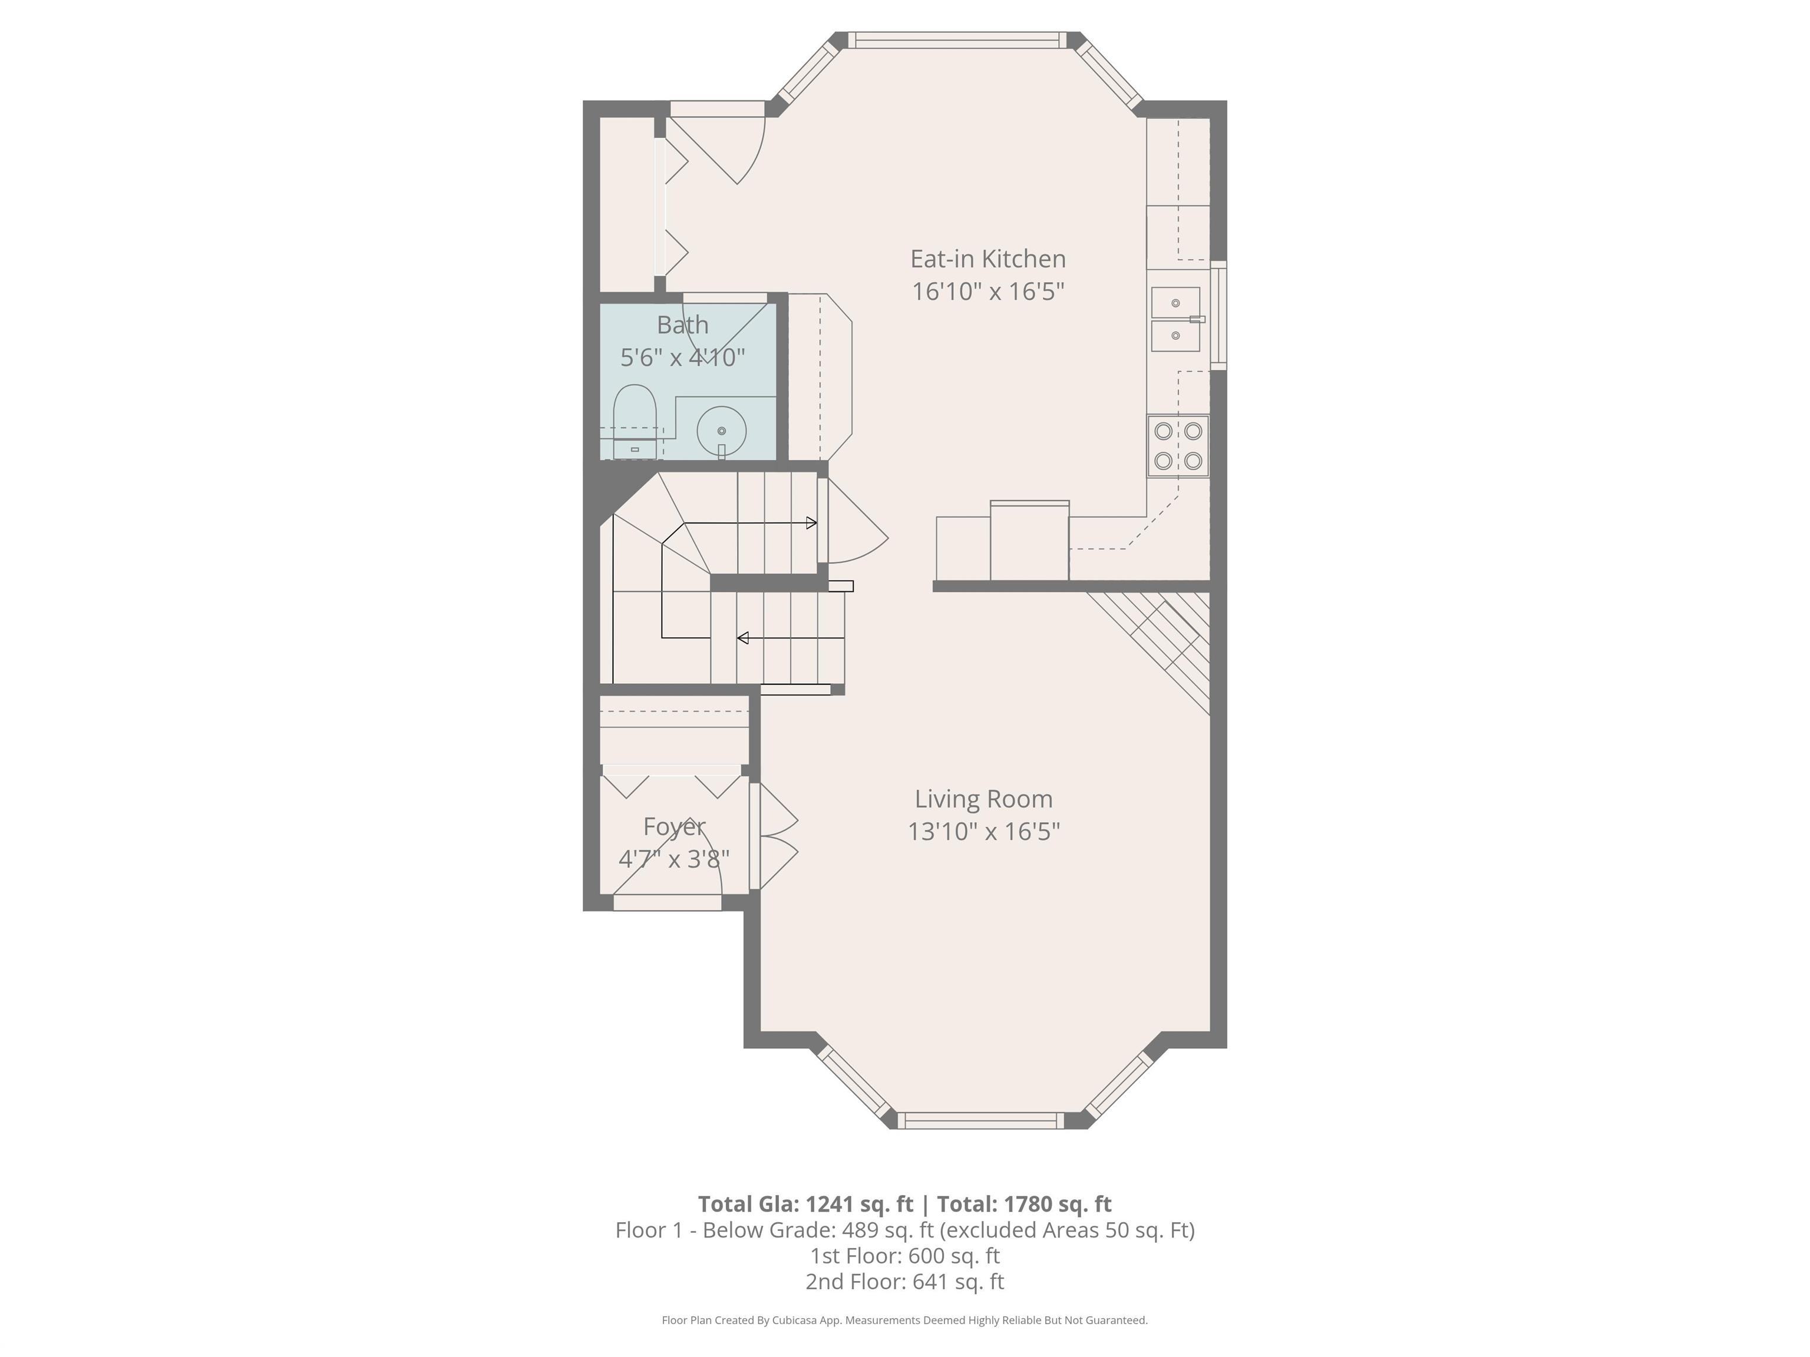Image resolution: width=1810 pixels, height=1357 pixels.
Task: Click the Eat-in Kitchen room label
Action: pos(987,259)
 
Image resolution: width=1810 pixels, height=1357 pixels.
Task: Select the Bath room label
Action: pos(682,325)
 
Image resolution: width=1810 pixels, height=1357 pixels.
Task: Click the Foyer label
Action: pos(673,827)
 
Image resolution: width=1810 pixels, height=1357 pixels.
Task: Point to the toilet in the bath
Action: pos(635,417)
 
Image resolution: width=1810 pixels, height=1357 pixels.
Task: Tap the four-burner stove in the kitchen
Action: pos(1177,446)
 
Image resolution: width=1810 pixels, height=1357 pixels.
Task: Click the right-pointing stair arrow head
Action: pos(812,522)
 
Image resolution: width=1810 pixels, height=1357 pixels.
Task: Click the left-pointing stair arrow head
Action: pos(742,638)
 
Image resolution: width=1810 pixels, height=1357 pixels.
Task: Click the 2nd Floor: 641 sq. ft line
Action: pos(904,1281)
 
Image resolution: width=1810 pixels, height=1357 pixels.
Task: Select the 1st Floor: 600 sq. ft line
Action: pos(904,1256)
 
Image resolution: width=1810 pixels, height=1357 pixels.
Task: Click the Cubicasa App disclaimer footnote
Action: pos(904,1320)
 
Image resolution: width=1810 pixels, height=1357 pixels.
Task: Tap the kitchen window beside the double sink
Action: pos(1218,315)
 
